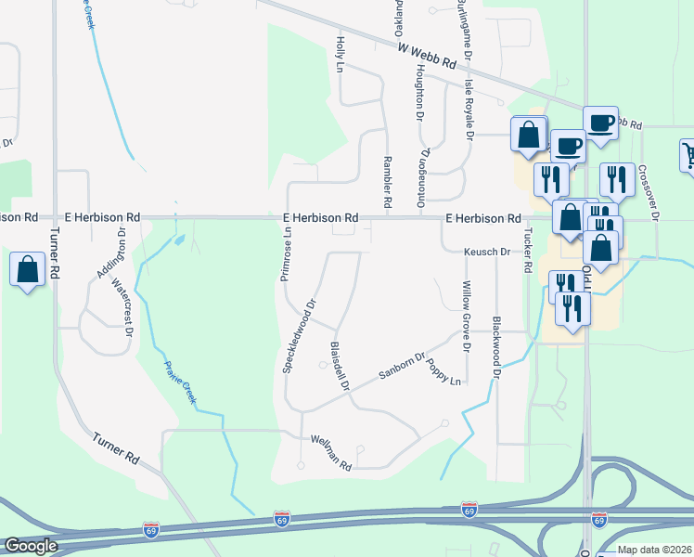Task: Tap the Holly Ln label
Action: coord(341,57)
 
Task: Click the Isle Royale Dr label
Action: coord(469,110)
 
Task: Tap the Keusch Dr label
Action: coord(488,252)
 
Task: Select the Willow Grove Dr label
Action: coord(466,317)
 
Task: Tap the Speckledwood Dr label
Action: coord(299,335)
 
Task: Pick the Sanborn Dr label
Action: coord(401,368)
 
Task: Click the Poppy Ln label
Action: coord(443,372)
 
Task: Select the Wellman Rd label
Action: coord(331,452)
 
